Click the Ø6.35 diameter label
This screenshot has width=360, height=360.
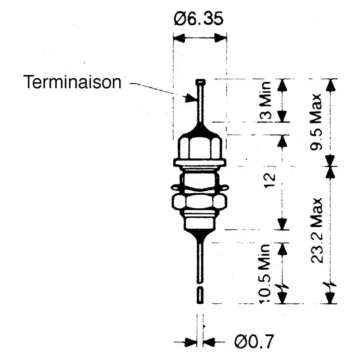198,20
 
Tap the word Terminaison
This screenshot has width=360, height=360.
73,82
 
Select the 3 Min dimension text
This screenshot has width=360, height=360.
267,100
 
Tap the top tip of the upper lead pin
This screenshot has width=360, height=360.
200,81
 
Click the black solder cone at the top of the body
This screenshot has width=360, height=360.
200,130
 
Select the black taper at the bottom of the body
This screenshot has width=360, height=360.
200,231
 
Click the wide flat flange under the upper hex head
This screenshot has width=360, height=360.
200,161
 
